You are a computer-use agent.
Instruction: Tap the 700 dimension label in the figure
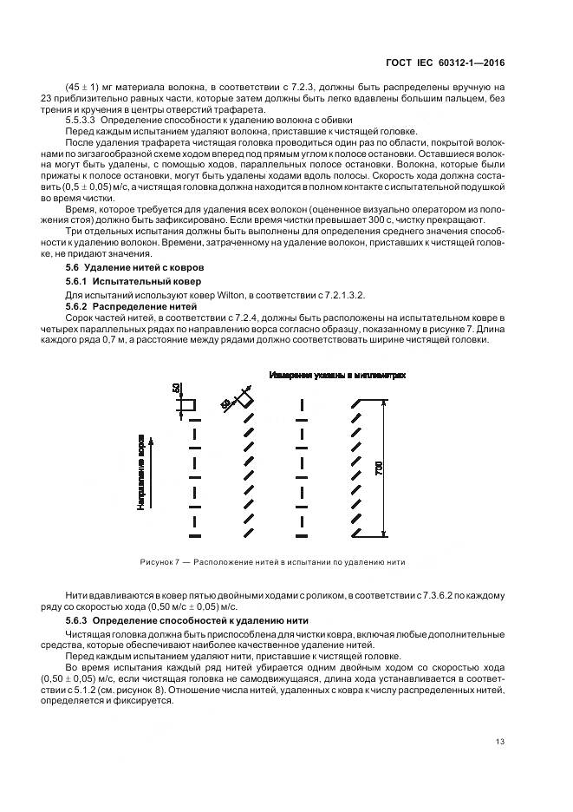click(379, 468)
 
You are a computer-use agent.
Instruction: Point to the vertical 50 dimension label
click(177, 388)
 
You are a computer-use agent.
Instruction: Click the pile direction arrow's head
click(152, 441)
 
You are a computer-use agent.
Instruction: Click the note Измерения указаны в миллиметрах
click(337, 376)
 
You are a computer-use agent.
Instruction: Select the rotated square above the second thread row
click(247, 402)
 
